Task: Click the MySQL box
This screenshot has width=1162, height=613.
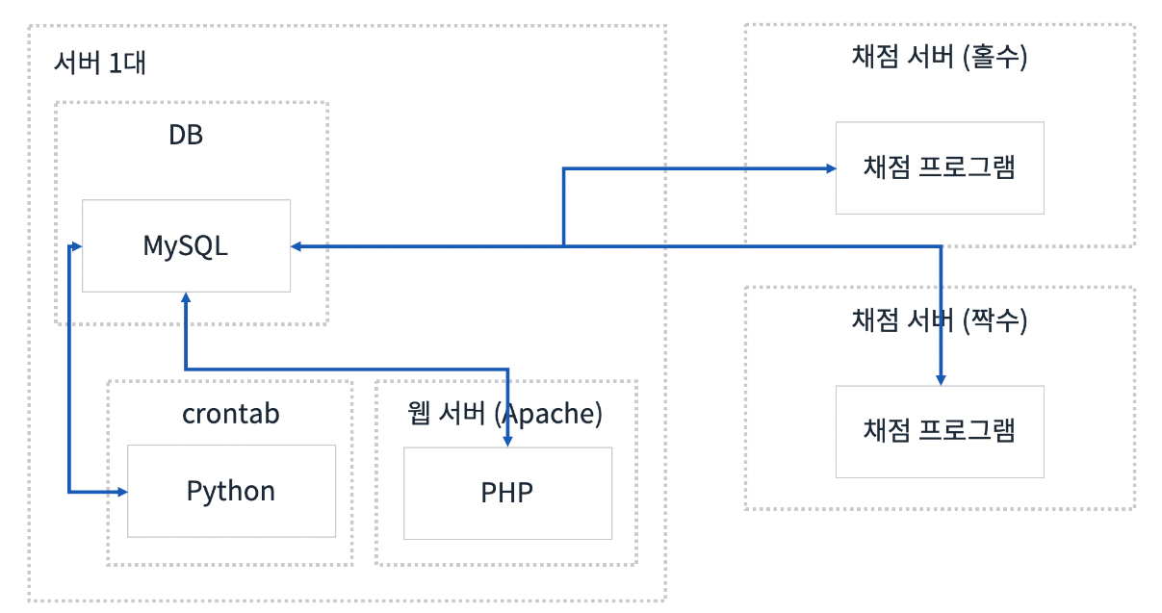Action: (186, 245)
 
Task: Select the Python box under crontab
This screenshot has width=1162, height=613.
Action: (231, 491)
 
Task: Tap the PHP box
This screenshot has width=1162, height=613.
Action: (507, 493)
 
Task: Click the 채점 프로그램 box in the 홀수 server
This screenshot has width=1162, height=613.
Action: (940, 167)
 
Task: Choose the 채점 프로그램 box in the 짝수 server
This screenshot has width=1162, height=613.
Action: (940, 431)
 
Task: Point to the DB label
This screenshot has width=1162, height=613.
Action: (186, 135)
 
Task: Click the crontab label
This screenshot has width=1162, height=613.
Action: (231, 414)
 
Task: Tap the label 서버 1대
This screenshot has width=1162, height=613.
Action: (100, 64)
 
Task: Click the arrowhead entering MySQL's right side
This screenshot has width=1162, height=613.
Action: (297, 247)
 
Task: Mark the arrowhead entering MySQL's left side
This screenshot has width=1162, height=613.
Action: (75, 247)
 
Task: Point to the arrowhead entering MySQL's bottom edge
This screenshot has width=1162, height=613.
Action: (185, 299)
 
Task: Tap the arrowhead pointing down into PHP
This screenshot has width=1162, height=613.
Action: (507, 440)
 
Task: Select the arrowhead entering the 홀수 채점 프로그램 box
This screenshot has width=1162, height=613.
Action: (829, 168)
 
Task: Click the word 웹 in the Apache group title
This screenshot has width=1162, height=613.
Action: (419, 414)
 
